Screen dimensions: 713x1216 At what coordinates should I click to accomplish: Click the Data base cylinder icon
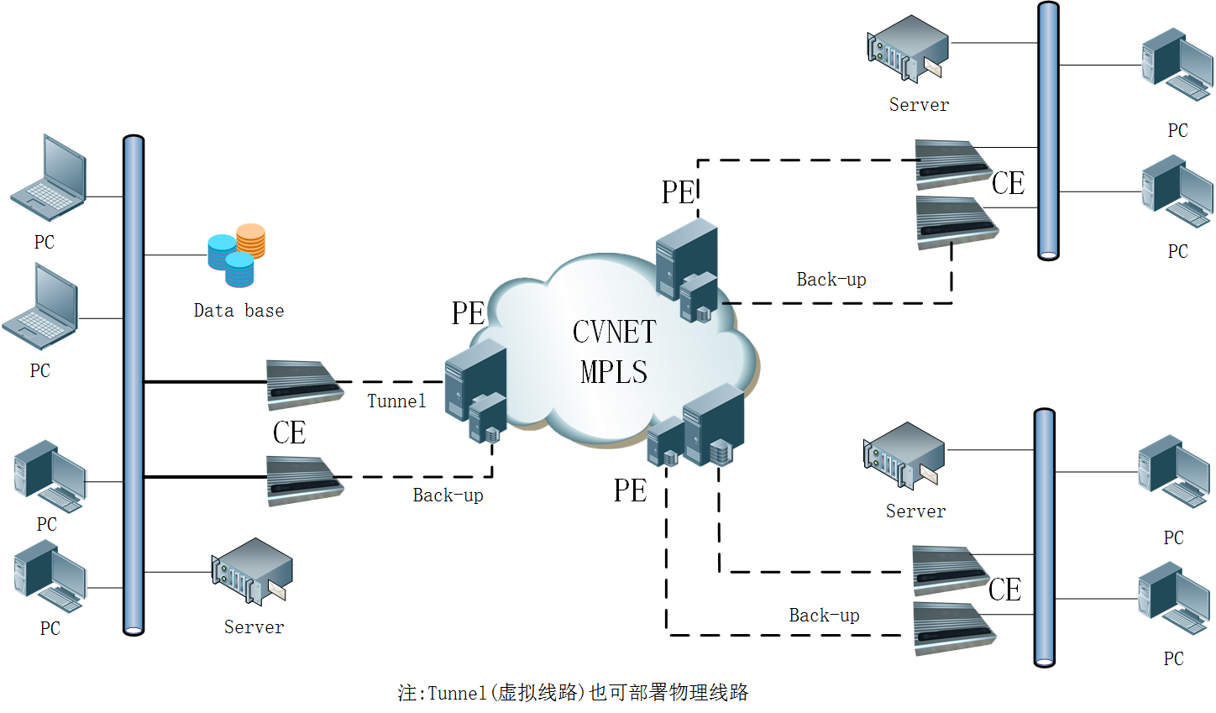point(237,254)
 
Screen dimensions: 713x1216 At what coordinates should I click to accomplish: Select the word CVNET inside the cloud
point(614,333)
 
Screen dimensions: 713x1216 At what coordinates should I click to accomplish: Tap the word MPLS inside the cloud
point(614,372)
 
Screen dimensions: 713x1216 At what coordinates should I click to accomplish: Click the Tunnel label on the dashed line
point(396,401)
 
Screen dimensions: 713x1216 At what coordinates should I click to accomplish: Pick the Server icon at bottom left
point(251,571)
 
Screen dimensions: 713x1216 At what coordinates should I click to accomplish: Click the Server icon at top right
point(908,49)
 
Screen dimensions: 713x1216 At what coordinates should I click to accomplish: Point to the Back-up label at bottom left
point(448,495)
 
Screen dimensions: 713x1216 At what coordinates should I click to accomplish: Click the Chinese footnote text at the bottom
point(573,693)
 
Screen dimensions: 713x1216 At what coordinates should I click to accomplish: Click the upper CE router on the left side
point(303,384)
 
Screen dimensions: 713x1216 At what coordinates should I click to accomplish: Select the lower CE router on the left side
point(303,480)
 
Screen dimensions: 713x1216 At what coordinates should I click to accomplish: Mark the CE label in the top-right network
point(1008,183)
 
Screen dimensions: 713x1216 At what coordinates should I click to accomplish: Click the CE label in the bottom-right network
point(1004,590)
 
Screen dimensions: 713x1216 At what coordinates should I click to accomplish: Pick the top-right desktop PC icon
point(1177,65)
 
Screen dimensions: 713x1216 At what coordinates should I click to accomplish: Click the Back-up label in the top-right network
point(831,280)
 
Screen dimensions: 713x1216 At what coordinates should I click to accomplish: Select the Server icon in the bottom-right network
point(904,455)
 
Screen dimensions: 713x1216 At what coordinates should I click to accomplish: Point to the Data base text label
point(238,311)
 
